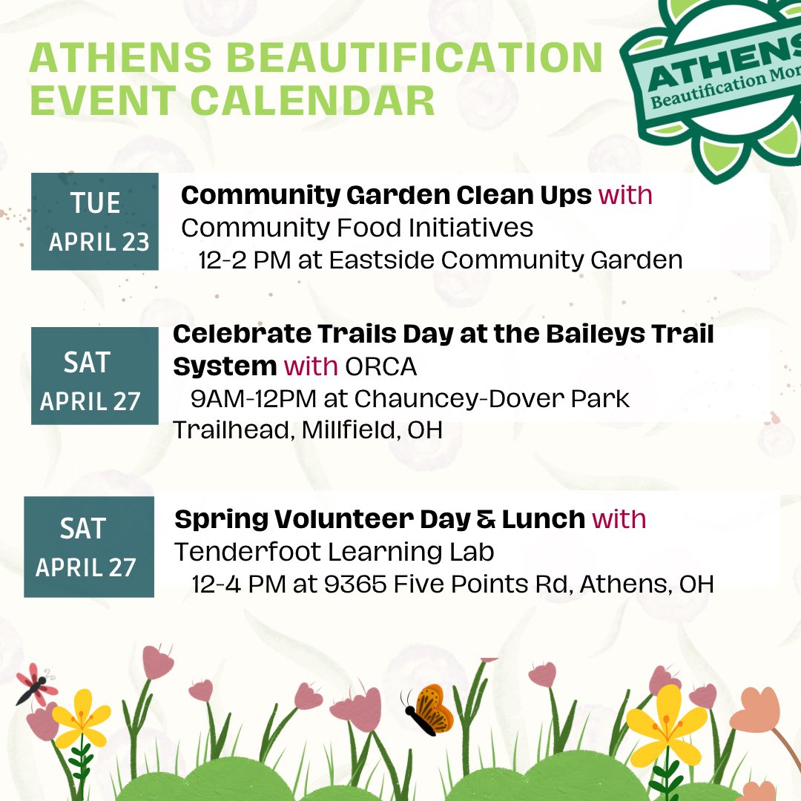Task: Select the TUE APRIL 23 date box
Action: tap(95, 221)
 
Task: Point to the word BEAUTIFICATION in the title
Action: tap(389, 59)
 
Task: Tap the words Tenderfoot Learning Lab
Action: tap(334, 552)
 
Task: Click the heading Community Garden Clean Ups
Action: tap(386, 195)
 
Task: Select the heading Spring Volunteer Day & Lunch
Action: tap(380, 519)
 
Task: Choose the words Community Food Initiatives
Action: tap(357, 228)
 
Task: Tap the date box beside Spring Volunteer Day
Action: tap(89, 547)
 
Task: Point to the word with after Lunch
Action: tap(619, 519)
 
